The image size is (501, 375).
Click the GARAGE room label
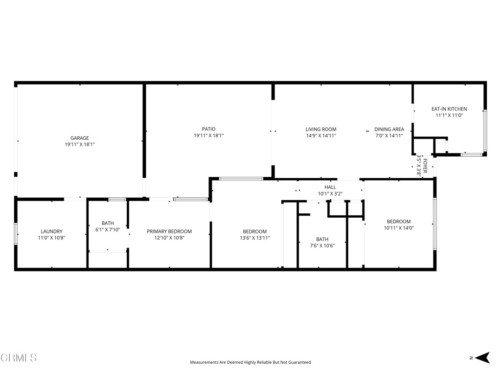click(x=80, y=138)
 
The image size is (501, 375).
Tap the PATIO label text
click(x=208, y=129)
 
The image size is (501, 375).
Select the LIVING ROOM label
click(x=321, y=129)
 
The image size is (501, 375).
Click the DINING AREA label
click(x=389, y=129)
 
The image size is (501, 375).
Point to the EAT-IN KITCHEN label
click(x=449, y=109)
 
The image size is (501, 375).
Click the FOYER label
click(x=425, y=167)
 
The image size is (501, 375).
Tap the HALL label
click(x=330, y=187)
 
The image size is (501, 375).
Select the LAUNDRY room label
click(x=51, y=231)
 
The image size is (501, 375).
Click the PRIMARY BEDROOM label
click(x=169, y=231)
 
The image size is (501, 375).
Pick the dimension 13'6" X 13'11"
click(x=255, y=238)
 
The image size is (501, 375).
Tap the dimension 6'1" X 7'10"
click(x=108, y=229)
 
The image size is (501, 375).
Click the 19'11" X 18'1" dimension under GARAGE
click(x=80, y=145)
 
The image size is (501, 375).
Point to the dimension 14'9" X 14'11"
click(x=321, y=136)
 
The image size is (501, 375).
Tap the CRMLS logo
click(x=19, y=358)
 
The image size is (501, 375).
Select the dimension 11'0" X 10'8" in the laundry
click(x=51, y=238)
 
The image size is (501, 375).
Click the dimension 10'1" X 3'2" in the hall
click(x=330, y=193)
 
